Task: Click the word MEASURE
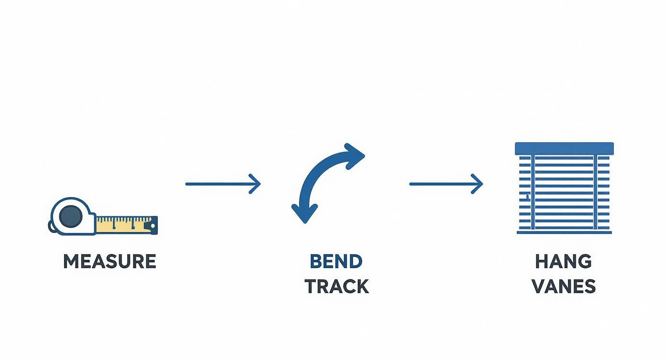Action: [110, 261]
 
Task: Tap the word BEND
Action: [336, 261]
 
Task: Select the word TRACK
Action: [337, 286]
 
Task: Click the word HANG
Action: [564, 261]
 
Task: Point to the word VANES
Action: [564, 286]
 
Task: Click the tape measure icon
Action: [103, 217]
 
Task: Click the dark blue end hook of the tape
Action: [153, 225]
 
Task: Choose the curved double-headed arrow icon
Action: [327, 182]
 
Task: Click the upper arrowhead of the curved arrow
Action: [354, 155]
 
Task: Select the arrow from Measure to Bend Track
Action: [223, 184]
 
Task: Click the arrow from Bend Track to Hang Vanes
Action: [446, 184]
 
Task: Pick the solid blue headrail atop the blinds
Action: [564, 148]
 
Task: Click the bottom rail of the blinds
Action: [564, 233]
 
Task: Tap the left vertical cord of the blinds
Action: [533, 191]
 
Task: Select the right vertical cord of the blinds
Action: [595, 191]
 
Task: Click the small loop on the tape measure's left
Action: [51, 226]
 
